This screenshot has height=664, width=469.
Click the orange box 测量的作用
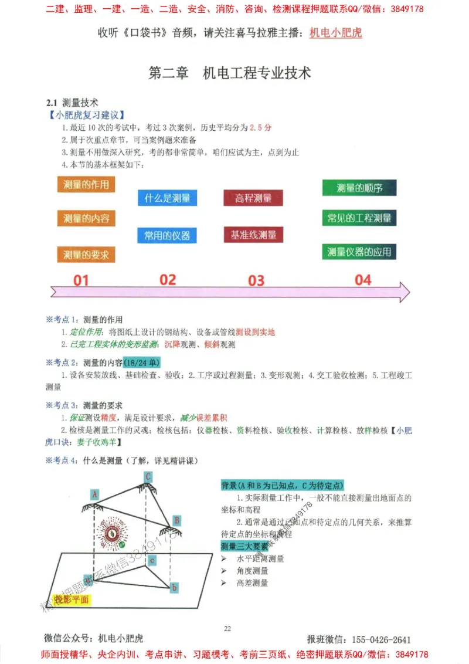click(x=86, y=185)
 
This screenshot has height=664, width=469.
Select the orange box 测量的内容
click(x=86, y=219)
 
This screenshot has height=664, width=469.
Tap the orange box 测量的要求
click(x=86, y=254)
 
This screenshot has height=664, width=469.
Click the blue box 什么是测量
click(x=167, y=198)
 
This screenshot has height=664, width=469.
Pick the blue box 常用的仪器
click(x=167, y=236)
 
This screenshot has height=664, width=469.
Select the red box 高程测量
click(x=253, y=198)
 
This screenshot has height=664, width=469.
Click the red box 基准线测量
click(x=253, y=235)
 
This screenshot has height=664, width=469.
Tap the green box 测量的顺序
click(x=359, y=188)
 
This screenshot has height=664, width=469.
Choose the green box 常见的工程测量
click(x=359, y=218)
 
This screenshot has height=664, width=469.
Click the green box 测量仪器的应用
click(x=359, y=252)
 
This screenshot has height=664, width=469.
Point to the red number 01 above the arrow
click(x=81, y=280)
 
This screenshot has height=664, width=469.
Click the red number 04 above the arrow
click(x=363, y=280)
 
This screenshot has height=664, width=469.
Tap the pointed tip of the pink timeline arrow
click(x=408, y=292)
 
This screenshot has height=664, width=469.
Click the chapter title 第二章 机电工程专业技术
click(x=230, y=73)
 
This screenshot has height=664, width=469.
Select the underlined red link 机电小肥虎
click(x=335, y=33)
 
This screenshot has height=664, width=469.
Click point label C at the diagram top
click(x=149, y=476)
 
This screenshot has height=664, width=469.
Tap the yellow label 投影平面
click(x=72, y=599)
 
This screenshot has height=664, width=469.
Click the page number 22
click(x=227, y=629)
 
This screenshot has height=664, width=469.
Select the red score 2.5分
click(x=260, y=127)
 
